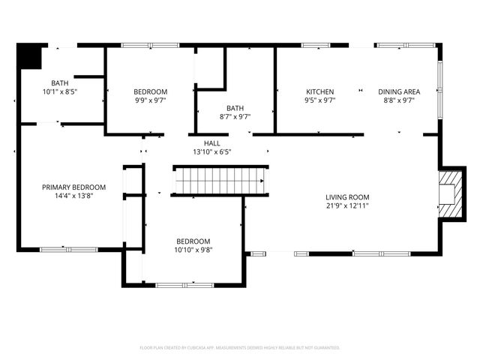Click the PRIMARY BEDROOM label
pos(73,187)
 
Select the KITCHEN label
pos(319,91)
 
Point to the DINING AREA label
pos(399,91)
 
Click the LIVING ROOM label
pos(347,197)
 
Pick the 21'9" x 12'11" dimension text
pos(347,205)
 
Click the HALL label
pos(211,142)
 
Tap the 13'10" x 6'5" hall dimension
pos(211,151)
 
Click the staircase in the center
pos(220,181)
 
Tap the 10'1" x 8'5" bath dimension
pos(60,91)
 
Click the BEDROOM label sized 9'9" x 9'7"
pos(150,91)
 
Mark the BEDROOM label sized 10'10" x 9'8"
pos(193,241)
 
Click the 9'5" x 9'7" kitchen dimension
pos(319,100)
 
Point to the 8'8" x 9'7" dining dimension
pos(399,100)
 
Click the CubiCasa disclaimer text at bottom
pos(240,348)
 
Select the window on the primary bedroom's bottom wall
pos(68,249)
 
